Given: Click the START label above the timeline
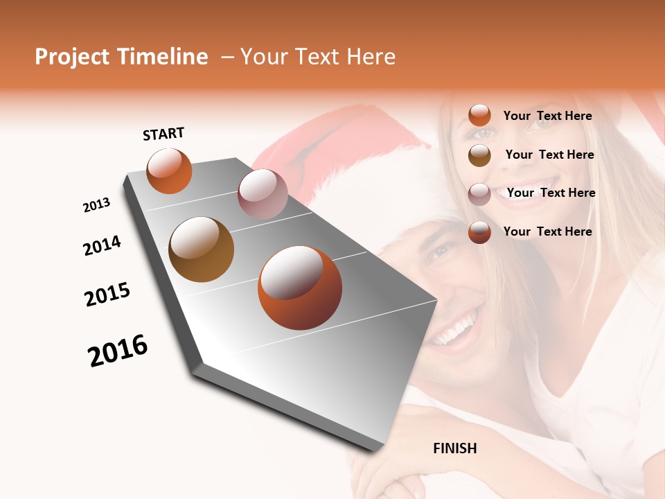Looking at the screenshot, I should (163, 134).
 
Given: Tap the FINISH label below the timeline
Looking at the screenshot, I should (454, 448).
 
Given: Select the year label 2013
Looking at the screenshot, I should (96, 205).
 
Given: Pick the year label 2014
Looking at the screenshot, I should (102, 245).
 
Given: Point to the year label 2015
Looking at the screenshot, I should (107, 294).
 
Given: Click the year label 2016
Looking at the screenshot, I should (118, 351).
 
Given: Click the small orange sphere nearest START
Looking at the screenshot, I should (169, 171).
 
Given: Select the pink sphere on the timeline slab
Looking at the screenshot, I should (263, 194).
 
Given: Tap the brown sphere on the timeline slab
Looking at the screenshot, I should (201, 249).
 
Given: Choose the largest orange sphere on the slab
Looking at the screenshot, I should (299, 287).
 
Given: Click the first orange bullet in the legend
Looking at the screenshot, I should (479, 116).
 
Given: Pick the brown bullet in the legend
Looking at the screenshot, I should (479, 155).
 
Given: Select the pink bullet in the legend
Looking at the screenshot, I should (479, 194).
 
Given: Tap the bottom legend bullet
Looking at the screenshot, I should (479, 232).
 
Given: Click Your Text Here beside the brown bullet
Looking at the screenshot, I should (549, 155).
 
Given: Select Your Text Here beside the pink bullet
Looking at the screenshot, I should (551, 193).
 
